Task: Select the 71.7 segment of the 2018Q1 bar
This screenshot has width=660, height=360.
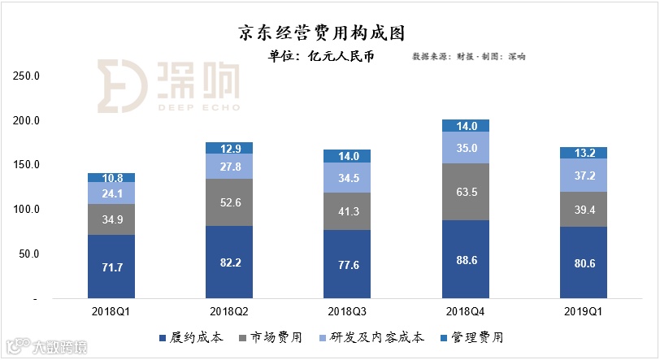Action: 111,267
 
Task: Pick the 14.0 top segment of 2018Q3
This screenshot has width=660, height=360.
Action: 347,156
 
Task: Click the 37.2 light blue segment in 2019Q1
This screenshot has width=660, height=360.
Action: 583,175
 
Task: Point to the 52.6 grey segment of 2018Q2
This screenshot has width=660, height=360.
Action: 228,202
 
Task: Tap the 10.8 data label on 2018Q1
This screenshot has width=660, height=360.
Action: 111,177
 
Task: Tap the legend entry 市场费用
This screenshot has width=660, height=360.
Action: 272,337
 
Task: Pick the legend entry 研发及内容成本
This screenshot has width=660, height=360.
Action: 376,337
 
